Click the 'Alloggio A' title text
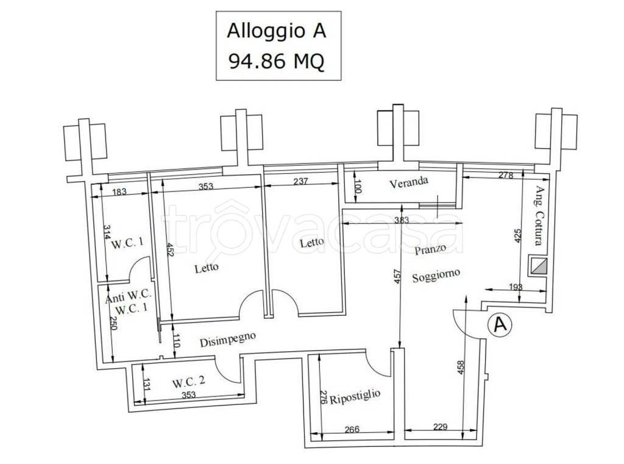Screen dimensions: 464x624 tap(277, 30)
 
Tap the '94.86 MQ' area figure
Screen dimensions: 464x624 tap(276, 61)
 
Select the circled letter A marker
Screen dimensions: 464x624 tap(500, 325)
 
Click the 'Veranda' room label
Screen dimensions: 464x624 tap(409, 181)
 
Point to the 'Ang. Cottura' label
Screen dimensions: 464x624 tap(538, 215)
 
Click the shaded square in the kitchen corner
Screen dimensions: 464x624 tap(539, 266)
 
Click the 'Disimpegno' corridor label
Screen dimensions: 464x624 tap(227, 339)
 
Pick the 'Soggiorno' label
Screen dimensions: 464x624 tap(435, 276)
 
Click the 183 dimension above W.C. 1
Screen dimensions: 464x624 tap(119, 191)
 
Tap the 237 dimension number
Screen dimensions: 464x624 tap(302, 180)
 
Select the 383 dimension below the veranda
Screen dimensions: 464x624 tap(400, 220)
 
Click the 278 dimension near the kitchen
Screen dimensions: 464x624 tap(506, 176)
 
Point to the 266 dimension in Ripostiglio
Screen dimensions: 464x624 tap(352, 429)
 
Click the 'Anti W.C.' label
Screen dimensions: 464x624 tap(128, 299)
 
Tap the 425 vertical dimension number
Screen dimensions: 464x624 tap(517, 237)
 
